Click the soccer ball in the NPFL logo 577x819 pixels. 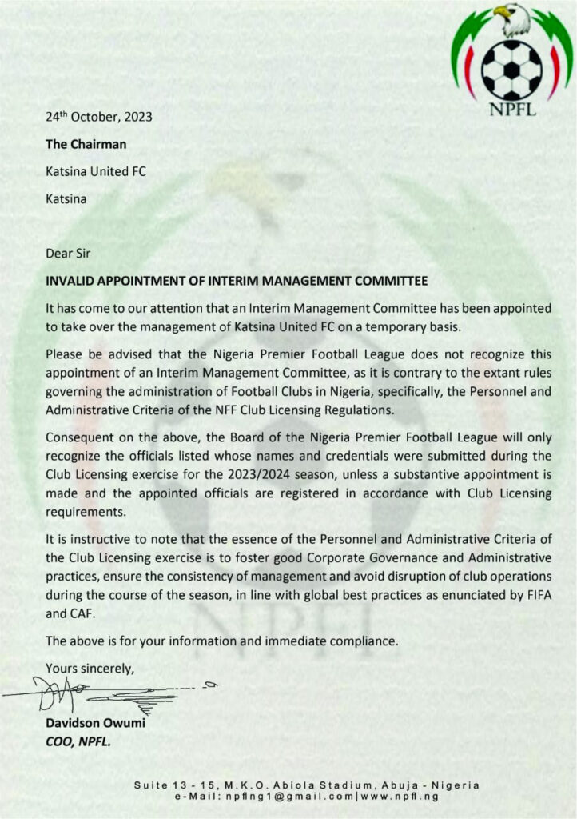[x=511, y=70]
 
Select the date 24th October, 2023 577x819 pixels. [x=98, y=117]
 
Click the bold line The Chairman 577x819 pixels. [x=86, y=144]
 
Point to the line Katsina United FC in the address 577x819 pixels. [x=96, y=171]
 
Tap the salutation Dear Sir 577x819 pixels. [x=67, y=253]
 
